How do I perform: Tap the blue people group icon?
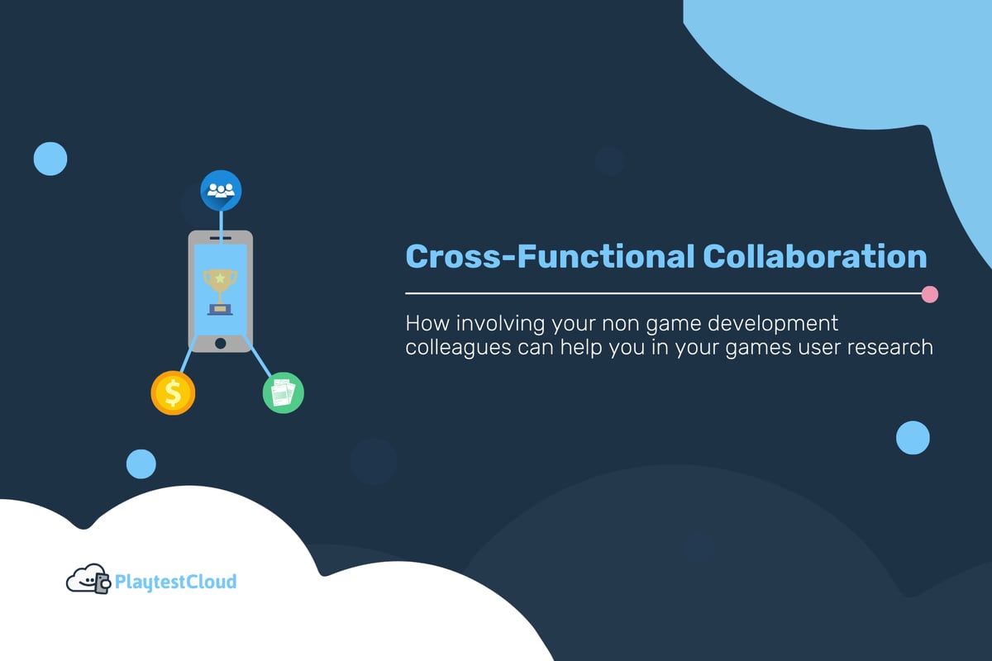[221, 190]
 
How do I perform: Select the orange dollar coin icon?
[173, 392]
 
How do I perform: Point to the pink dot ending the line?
[929, 293]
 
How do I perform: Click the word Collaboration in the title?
[814, 256]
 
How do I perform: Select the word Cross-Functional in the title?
[550, 256]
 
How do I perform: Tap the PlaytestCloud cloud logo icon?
[87, 579]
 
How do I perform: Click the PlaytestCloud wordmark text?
[175, 582]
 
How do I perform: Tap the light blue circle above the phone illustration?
[50, 158]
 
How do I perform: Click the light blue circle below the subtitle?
[913, 437]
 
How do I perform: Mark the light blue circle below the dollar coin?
[141, 464]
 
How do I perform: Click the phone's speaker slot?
[220, 239]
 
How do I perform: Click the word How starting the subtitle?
[423, 323]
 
